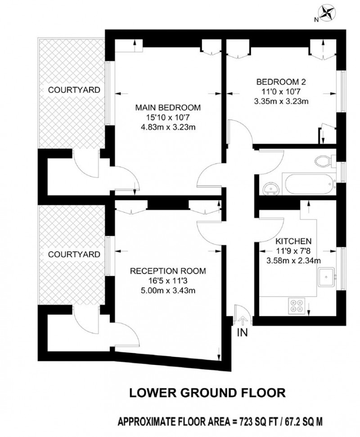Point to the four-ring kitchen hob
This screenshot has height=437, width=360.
(296, 306)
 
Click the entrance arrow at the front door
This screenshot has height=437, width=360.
(242, 320)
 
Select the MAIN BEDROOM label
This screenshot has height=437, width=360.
(168, 108)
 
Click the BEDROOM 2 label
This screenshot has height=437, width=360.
(282, 82)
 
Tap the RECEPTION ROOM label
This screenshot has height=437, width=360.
(168, 271)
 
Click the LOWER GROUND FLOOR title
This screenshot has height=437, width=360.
(207, 392)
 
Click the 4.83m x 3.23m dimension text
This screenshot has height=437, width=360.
(168, 127)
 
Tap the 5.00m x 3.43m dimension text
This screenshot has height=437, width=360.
(168, 290)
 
